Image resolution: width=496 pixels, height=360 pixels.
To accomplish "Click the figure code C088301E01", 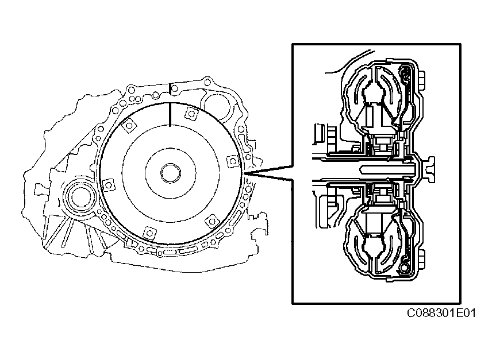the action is point(441,313).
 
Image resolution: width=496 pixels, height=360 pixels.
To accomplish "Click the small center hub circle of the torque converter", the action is point(171,173).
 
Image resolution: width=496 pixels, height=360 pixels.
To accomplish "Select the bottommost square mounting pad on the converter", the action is point(149,233).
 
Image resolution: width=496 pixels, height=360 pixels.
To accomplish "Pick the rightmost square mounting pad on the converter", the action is point(233,161).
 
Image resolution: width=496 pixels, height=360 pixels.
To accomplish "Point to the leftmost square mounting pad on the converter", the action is point(108,185).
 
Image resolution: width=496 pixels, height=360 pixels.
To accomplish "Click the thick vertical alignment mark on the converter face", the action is point(170,114).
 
